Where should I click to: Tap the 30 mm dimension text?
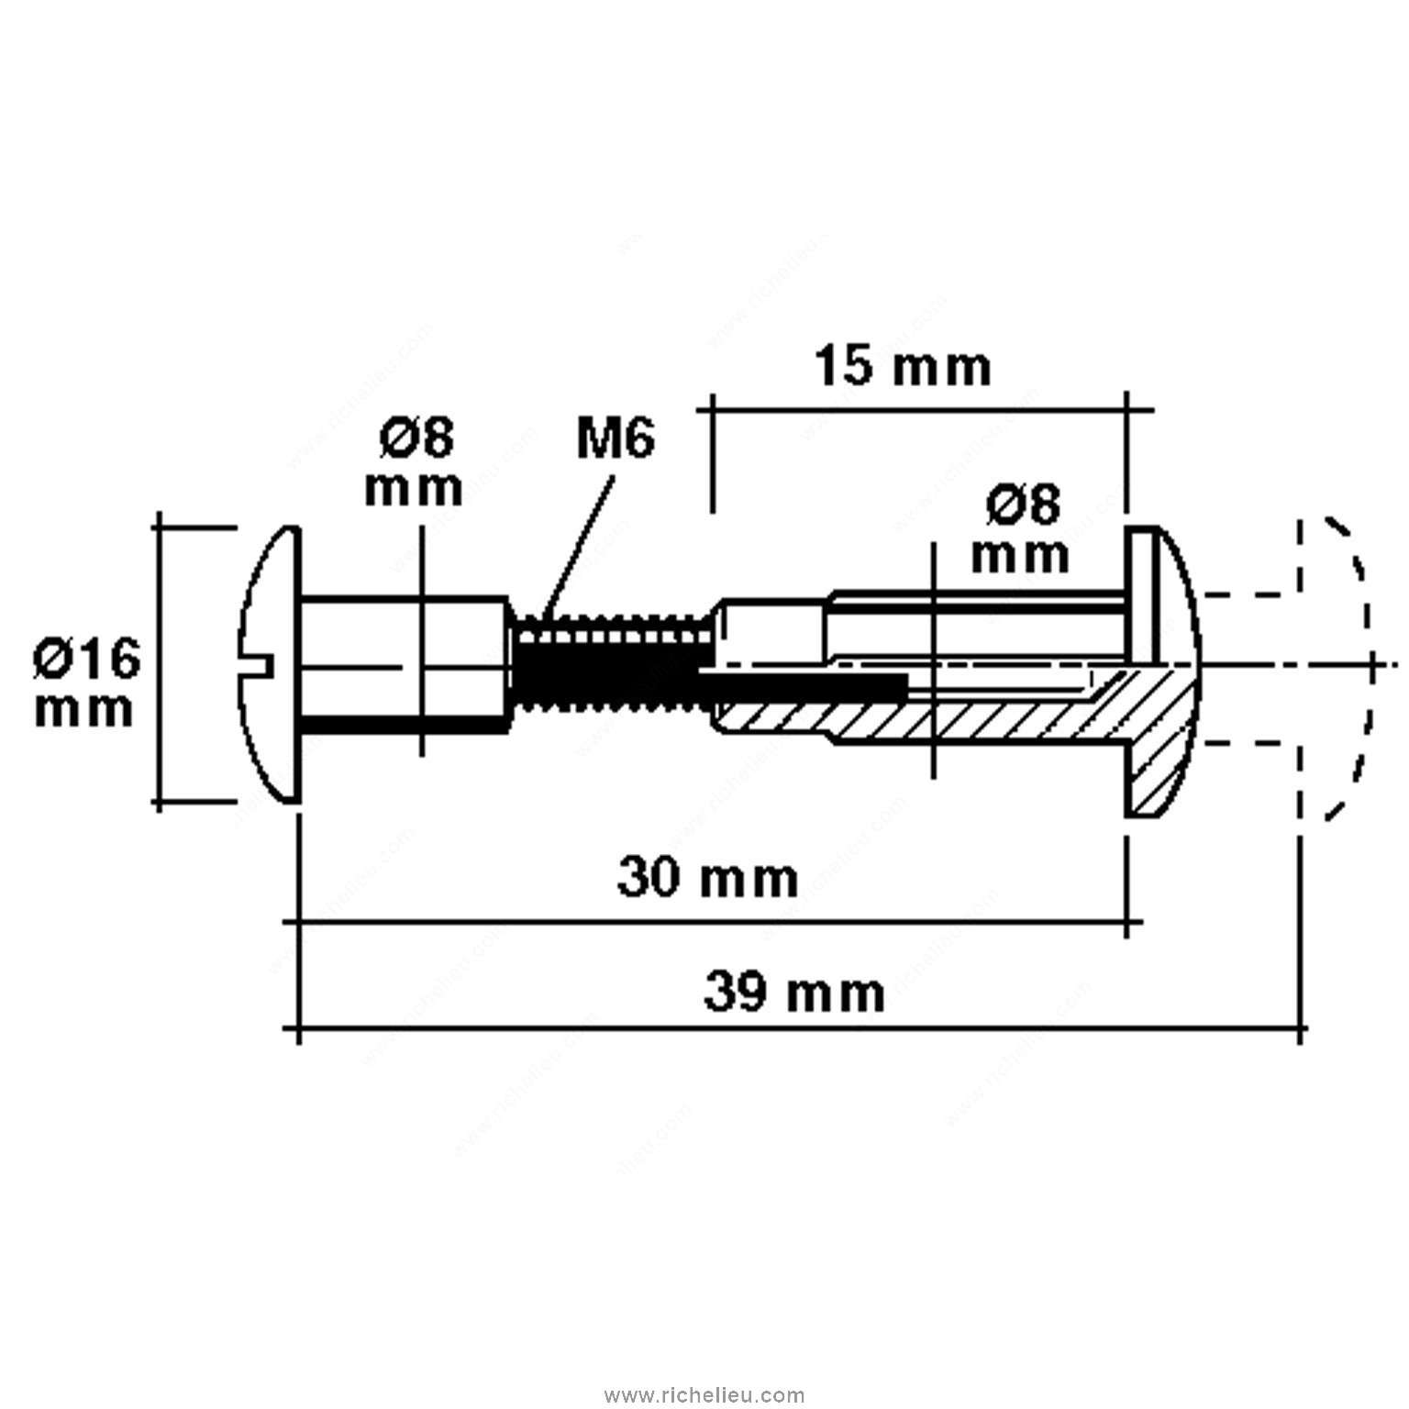[x=707, y=878]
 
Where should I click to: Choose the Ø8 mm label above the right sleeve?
[x=1020, y=529]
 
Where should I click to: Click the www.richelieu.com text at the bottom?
[x=704, y=1395]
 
